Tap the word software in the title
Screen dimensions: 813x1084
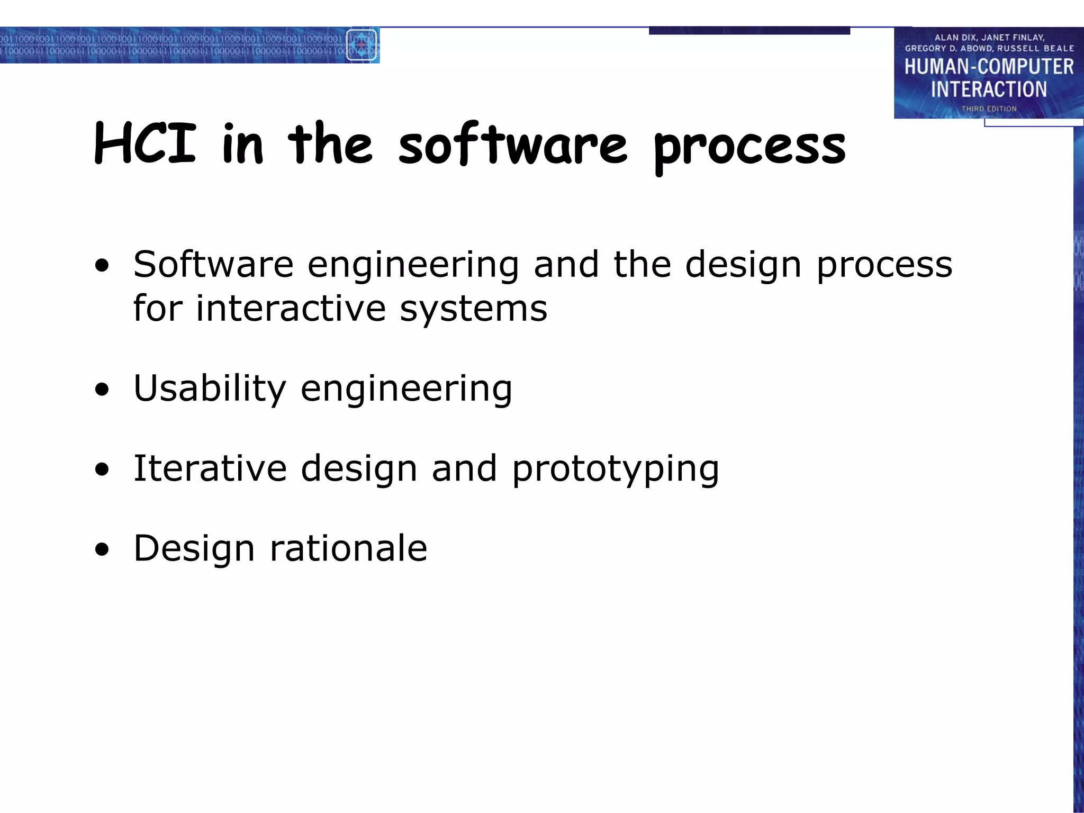(x=512, y=144)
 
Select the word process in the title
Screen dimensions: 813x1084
(x=749, y=147)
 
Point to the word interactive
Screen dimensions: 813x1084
(x=291, y=308)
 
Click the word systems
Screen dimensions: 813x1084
(x=473, y=309)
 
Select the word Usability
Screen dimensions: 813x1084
(x=210, y=389)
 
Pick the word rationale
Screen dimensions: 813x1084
(x=348, y=548)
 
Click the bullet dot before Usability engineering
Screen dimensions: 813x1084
(x=102, y=391)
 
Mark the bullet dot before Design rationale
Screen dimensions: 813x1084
(x=102, y=550)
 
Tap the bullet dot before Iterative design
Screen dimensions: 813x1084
(x=102, y=470)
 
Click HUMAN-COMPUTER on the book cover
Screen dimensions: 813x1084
(x=989, y=67)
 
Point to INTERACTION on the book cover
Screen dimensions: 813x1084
(x=989, y=89)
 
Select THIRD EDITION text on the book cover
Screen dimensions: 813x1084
(x=989, y=109)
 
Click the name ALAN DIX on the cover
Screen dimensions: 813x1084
(x=955, y=38)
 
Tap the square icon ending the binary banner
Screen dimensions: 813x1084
(x=362, y=45)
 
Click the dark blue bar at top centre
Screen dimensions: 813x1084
(x=749, y=31)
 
